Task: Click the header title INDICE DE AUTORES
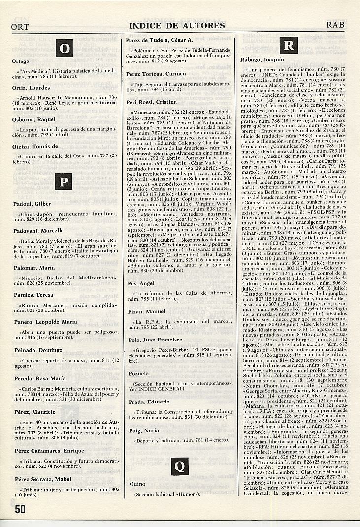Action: point(177,26)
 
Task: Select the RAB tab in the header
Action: point(338,25)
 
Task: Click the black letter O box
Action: point(65,48)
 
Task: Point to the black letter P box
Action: point(65,182)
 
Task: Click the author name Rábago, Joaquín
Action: point(262,59)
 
